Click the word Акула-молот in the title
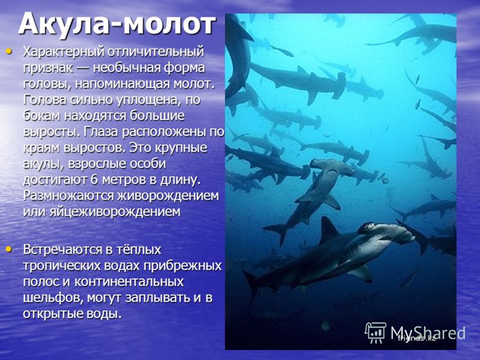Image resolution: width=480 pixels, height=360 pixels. coord(117,24)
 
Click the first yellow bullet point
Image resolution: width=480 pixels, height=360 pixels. coord(9,51)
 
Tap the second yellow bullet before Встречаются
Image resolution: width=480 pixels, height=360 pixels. coord(9,250)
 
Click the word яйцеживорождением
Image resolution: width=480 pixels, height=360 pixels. coord(115,212)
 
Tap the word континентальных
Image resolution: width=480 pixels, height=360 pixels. coord(129,281)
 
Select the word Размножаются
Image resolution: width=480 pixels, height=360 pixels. coord(69,196)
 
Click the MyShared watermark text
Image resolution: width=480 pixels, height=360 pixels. coord(428,332)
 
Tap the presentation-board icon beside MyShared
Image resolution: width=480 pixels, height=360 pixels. coord(375,332)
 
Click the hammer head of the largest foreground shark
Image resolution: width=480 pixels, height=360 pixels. coord(386,232)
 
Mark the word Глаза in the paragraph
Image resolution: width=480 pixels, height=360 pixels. coord(100,132)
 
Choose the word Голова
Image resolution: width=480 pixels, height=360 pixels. coord(45,100)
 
